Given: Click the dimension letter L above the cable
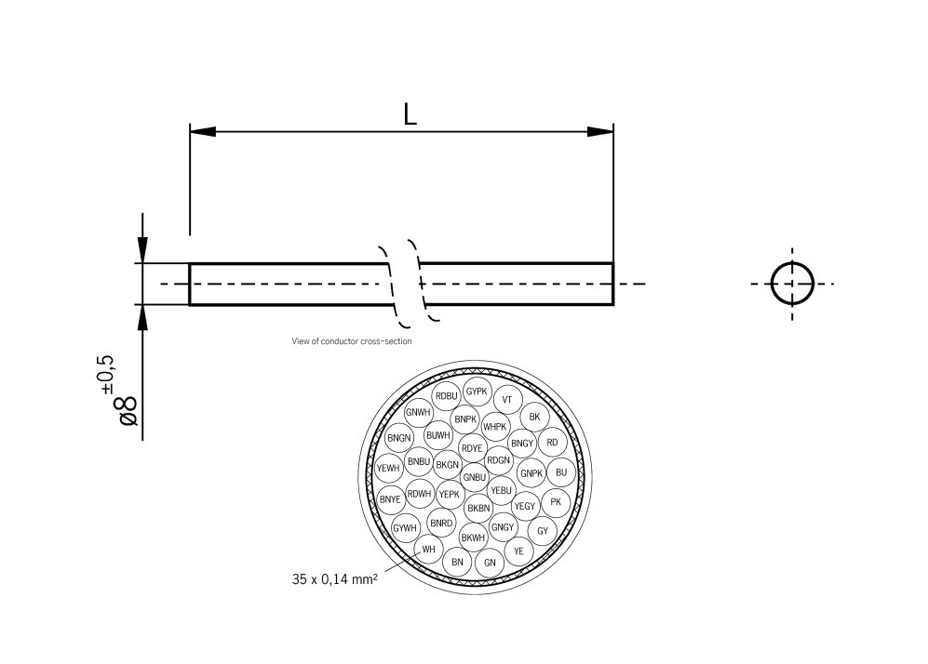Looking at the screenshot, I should [x=410, y=113].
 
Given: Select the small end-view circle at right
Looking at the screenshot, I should [x=792, y=283].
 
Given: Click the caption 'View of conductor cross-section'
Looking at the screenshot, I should [x=352, y=341].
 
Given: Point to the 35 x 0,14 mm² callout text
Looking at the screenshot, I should [x=334, y=578].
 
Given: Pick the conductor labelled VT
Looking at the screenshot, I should [x=507, y=400].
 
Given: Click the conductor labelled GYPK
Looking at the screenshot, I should [x=477, y=392].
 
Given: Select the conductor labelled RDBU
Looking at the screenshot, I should [x=447, y=396].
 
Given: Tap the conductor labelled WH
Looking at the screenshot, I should [x=428, y=549].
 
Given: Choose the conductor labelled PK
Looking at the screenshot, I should [x=556, y=502].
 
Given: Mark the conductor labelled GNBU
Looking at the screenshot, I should [x=474, y=477].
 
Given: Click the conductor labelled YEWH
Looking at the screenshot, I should [x=388, y=468].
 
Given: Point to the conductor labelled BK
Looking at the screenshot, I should [x=533, y=417].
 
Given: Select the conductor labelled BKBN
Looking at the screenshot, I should [x=478, y=508].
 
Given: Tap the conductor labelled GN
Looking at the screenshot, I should [x=490, y=563].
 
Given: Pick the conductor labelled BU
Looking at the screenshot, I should [x=560, y=472].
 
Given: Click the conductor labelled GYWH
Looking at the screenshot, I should [x=405, y=528].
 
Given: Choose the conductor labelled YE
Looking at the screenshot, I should [x=518, y=551].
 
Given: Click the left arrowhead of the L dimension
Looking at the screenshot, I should [x=202, y=132].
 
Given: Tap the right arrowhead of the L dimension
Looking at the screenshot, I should [x=601, y=132].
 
